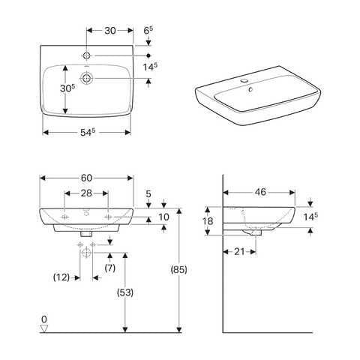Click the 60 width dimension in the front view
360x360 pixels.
pos(86,178)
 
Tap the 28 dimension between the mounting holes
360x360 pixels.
pos(86,193)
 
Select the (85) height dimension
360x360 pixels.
pos(178,268)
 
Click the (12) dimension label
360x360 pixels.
pos(62,277)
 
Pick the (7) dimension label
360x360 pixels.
pos(109,268)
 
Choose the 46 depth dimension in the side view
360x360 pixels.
pos(260,192)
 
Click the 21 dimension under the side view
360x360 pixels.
pos(240,251)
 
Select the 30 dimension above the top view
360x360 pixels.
pos(109,31)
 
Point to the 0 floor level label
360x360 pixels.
pos(44,319)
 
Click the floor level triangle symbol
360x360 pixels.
pos(44,328)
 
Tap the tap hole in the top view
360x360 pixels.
pos(88,55)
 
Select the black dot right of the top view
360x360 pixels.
pos(149,55)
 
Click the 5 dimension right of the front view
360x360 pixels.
pos(148,194)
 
